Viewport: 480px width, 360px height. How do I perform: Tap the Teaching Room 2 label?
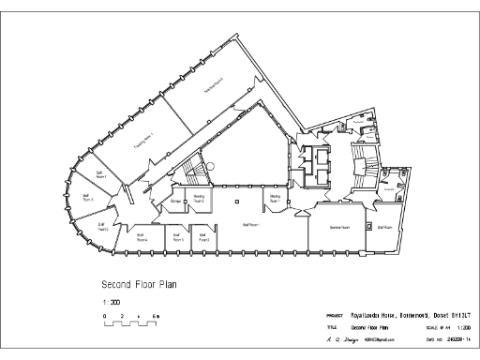[x=215, y=87]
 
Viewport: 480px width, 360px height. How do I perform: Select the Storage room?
[x=175, y=200]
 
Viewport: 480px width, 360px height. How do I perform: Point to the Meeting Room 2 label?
[x=199, y=199]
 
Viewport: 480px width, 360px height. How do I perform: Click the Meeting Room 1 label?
[x=276, y=199]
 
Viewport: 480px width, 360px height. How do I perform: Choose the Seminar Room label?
[x=338, y=227]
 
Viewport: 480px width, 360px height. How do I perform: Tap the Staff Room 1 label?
[x=251, y=225]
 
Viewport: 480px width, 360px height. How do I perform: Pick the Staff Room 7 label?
[x=99, y=174]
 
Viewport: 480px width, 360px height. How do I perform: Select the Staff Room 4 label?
[x=142, y=237]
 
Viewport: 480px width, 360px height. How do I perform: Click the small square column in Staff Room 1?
[x=238, y=202]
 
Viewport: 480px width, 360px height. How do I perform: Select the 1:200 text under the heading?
[x=109, y=302]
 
